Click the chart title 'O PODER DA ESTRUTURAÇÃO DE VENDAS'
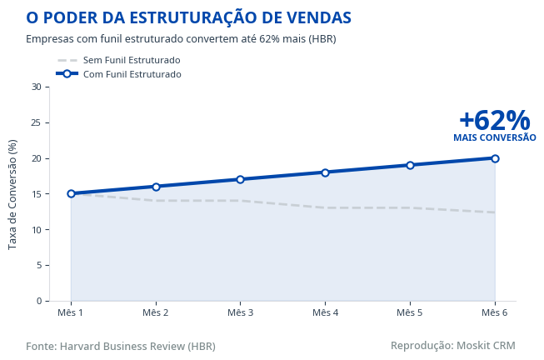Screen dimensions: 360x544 188,17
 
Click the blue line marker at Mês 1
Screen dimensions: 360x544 71,193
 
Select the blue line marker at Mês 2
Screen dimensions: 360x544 156,187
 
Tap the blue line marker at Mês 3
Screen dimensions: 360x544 240,179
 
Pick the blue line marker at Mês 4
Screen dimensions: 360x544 325,172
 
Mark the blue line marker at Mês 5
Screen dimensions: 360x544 410,165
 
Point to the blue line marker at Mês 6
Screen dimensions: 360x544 495,158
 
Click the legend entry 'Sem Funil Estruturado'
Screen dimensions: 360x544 132,60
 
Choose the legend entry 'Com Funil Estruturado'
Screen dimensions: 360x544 132,74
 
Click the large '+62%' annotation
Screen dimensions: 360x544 494,120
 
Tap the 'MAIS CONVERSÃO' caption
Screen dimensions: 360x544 494,137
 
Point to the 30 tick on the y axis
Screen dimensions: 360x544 35,87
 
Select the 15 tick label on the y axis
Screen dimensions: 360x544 35,194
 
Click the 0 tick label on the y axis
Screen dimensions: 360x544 37,301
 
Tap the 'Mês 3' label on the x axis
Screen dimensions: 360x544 240,312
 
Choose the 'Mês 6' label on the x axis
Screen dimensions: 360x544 495,312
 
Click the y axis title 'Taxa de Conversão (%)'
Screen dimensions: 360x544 12,194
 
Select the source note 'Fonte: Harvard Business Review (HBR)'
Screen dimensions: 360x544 120,346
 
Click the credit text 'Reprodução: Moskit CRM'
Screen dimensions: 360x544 452,345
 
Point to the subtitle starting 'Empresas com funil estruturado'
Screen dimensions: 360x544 181,39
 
